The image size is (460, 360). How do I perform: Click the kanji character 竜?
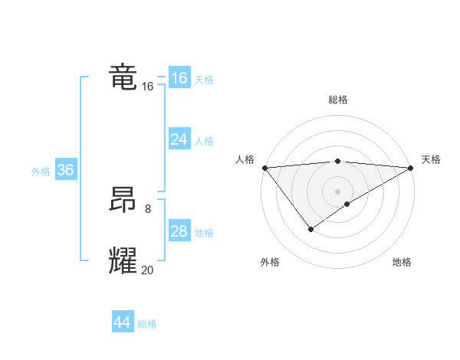pyautogui.click(x=123, y=77)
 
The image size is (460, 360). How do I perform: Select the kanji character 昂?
pyautogui.click(x=123, y=201)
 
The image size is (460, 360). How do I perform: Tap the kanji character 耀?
pyautogui.click(x=123, y=260)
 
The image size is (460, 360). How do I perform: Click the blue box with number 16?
pyautogui.click(x=179, y=78)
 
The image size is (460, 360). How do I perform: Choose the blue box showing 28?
pyautogui.click(x=179, y=231)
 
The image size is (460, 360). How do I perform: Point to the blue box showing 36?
pyautogui.click(x=65, y=170)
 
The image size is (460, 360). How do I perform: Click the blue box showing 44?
pyautogui.click(x=122, y=322)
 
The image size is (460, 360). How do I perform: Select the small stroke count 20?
pyautogui.click(x=148, y=269)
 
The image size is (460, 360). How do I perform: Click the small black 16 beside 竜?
pyautogui.click(x=148, y=87)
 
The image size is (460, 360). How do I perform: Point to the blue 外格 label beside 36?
pyautogui.click(x=41, y=172)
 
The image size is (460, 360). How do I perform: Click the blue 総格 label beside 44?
pyautogui.click(x=147, y=324)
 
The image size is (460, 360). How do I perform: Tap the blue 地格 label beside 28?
pyautogui.click(x=204, y=233)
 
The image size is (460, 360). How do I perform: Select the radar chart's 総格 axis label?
pyautogui.click(x=338, y=100)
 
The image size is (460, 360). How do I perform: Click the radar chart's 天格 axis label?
pyautogui.click(x=431, y=159)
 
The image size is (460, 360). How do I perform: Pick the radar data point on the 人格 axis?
pyautogui.click(x=264, y=167)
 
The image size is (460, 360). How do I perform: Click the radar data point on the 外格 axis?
pyautogui.click(x=310, y=228)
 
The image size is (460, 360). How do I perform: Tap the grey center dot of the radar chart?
pyautogui.click(x=337, y=191)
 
